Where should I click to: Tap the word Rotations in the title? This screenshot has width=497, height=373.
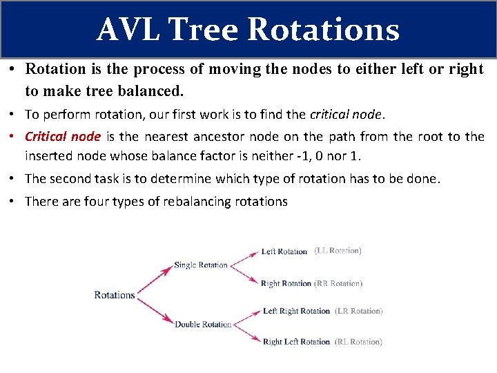click(x=322, y=30)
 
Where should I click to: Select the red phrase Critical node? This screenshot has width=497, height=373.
click(x=63, y=137)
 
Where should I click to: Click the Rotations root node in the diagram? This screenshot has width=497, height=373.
click(x=115, y=295)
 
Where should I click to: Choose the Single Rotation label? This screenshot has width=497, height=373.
click(x=201, y=265)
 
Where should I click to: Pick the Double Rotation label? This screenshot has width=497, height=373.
click(x=203, y=324)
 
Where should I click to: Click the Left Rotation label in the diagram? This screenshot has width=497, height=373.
click(x=284, y=251)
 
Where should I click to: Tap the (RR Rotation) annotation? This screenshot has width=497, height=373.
click(x=338, y=283)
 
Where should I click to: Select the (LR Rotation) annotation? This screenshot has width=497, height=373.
click(x=358, y=311)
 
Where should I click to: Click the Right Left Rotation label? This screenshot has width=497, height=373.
click(x=296, y=341)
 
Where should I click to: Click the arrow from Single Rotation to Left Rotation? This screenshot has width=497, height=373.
click(x=244, y=258)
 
